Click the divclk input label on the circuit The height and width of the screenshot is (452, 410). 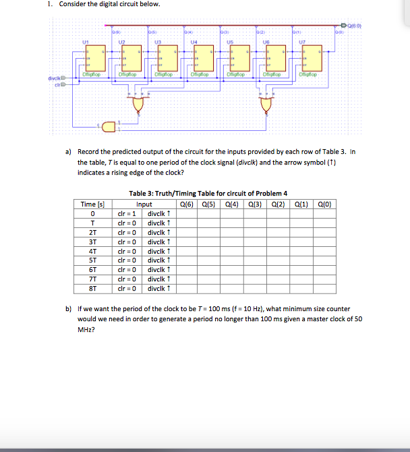55,78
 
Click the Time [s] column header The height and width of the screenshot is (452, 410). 91,204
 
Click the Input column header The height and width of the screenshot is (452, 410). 144,204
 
